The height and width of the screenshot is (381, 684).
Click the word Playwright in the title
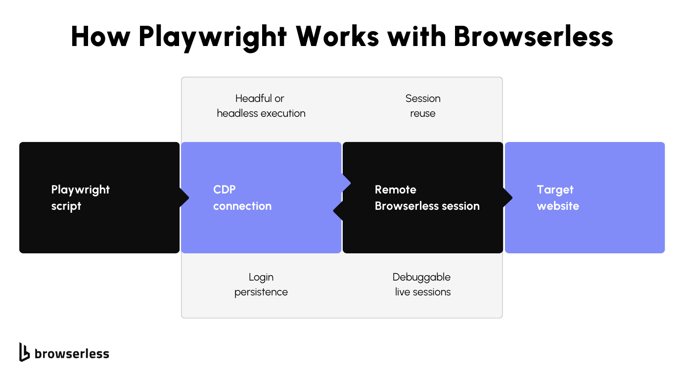tap(213, 37)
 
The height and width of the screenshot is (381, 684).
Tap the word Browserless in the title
tap(533, 36)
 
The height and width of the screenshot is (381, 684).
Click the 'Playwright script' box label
tap(80, 198)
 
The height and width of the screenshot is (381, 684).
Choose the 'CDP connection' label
tap(242, 198)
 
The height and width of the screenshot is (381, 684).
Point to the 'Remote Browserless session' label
tap(427, 198)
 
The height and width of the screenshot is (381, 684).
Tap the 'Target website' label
tap(557, 198)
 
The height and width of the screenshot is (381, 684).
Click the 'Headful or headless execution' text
tap(261, 106)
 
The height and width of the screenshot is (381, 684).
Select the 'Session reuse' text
tap(423, 106)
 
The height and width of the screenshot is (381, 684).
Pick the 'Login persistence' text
tap(261, 285)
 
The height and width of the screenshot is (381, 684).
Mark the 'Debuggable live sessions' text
tap(422, 285)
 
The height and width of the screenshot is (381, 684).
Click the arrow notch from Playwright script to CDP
tap(184, 198)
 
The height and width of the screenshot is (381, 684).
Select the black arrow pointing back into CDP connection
tap(338, 211)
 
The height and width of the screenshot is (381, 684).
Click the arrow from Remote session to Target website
tap(508, 198)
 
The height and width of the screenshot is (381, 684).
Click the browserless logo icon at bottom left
tap(24, 352)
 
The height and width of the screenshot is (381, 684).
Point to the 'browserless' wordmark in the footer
tap(72, 353)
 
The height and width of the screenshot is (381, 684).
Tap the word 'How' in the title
tap(101, 36)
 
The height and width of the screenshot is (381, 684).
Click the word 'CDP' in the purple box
tap(224, 190)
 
